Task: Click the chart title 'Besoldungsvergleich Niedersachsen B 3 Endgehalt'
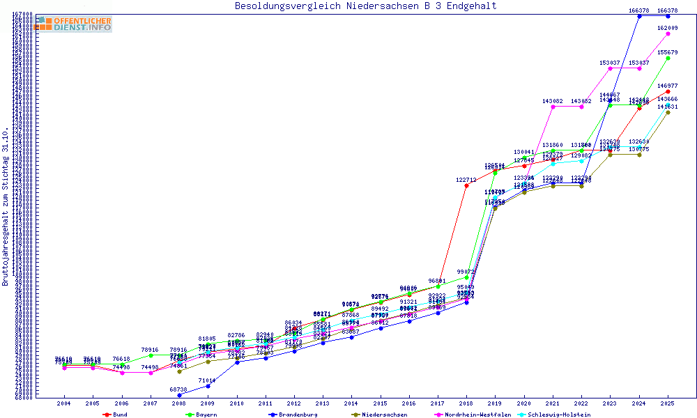click(365, 6)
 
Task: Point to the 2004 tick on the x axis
click(63, 403)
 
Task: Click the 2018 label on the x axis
click(466, 403)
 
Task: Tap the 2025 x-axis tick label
click(668, 403)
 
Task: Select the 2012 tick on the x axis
click(293, 403)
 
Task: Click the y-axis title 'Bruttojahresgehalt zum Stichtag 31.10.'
click(6, 207)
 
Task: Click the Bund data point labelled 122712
click(466, 185)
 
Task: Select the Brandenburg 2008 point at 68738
click(179, 395)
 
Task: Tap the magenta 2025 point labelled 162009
click(668, 33)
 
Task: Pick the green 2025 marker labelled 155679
click(668, 58)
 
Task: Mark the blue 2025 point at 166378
click(668, 15)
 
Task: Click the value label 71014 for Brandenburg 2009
click(208, 380)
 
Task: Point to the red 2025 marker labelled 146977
click(668, 91)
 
